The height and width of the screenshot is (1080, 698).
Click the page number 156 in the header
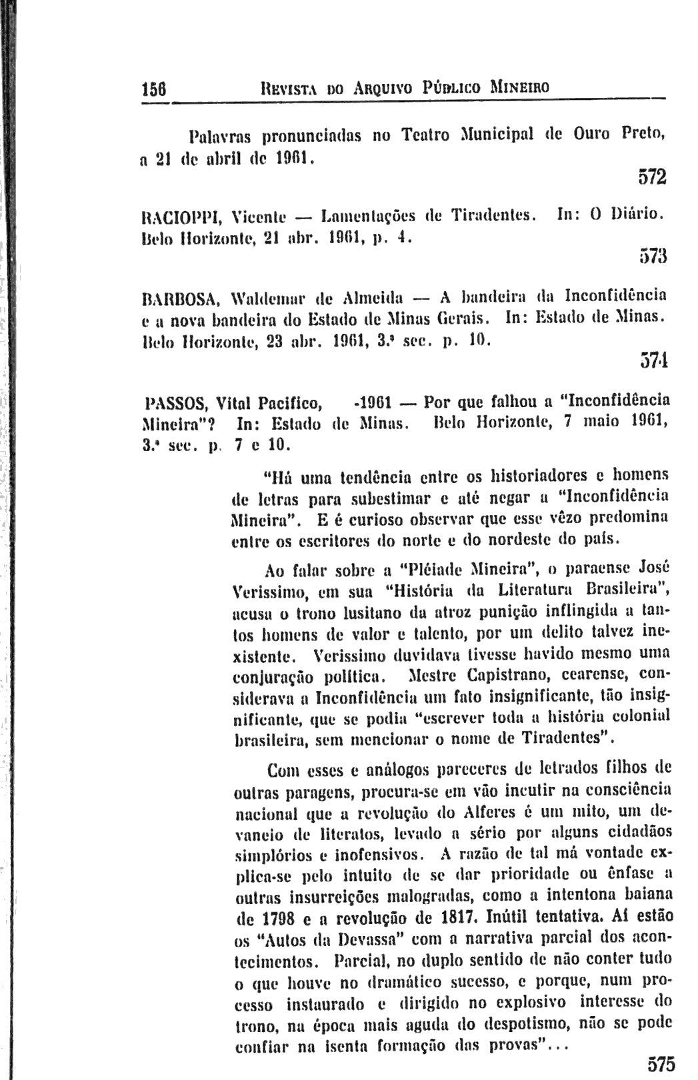point(153,88)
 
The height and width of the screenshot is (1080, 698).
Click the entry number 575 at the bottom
point(661,1062)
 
